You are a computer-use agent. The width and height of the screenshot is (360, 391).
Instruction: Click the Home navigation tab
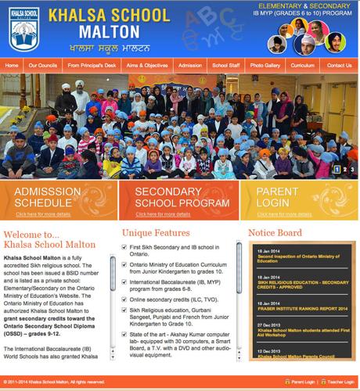coord(12,66)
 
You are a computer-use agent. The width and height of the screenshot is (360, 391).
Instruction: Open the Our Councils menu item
coord(43,66)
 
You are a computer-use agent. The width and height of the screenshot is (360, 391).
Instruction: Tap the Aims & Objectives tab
coord(143,66)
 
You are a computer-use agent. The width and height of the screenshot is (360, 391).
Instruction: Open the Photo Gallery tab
coord(266,66)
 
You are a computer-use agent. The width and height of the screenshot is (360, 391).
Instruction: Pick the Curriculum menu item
coord(303,66)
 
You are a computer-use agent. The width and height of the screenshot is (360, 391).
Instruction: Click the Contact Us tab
coord(339,66)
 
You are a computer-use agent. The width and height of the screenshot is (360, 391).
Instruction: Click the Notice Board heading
coord(275,233)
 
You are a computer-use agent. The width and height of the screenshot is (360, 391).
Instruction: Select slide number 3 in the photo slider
coord(352,169)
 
